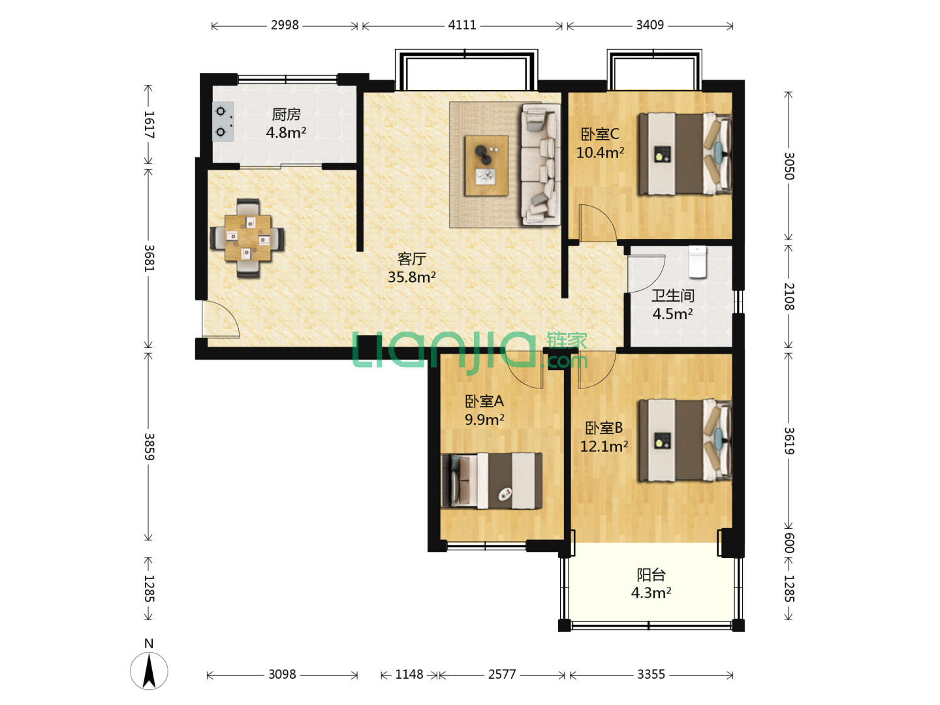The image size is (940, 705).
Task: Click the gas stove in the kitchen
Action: click(223, 121)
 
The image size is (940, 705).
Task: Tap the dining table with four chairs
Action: click(247, 238)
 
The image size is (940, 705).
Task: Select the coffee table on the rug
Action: click(486, 166)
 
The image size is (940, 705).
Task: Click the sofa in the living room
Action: click(541, 164)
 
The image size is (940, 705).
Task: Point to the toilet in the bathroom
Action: click(697, 262)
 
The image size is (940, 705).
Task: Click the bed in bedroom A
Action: click(492, 481)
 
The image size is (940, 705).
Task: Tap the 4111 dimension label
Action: click(462, 25)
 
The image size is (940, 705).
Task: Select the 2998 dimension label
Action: click(285, 25)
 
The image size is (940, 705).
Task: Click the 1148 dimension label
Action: click(409, 674)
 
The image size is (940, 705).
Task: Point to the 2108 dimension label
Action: click(789, 296)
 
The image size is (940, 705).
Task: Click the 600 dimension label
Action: click(789, 542)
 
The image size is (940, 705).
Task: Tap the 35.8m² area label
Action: click(411, 277)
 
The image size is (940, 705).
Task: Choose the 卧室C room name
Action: click(599, 134)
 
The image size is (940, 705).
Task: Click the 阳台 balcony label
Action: click(651, 574)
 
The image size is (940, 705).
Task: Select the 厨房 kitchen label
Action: click(286, 114)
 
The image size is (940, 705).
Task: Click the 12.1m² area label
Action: click(604, 446)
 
